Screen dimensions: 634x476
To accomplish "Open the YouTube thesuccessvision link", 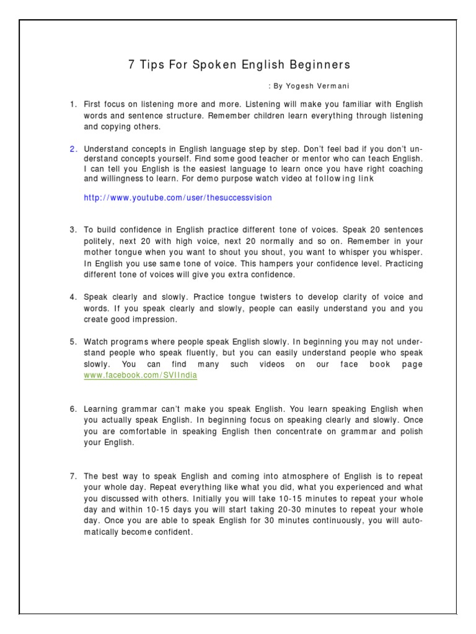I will [178, 198].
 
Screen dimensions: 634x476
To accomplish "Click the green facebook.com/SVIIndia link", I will [141, 375].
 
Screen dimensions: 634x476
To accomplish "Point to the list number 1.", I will [73, 105].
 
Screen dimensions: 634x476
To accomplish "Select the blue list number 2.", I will [73, 149].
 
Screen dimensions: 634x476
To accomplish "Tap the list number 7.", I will [73, 476].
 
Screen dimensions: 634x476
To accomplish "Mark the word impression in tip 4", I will [154, 319].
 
